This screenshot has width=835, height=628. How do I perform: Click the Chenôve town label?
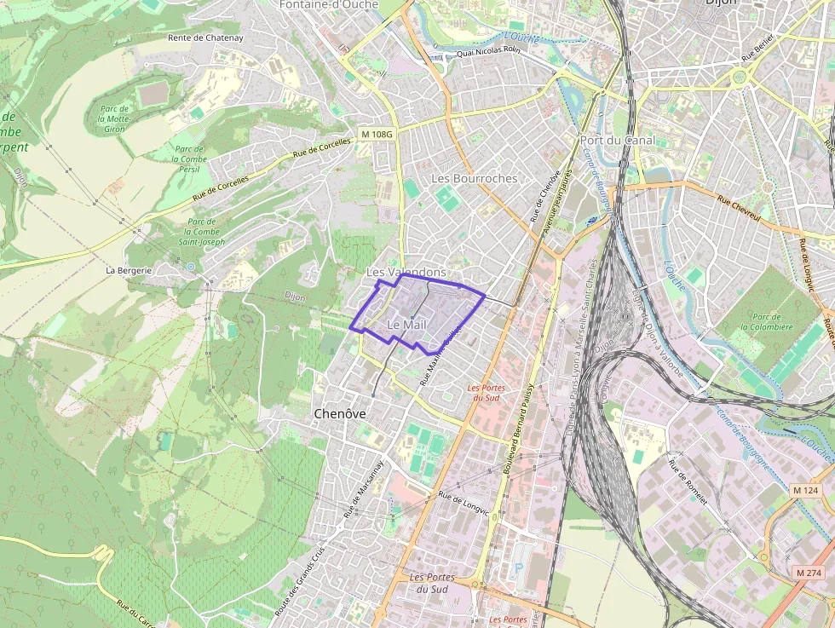(339, 413)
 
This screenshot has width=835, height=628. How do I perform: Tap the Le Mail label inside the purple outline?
(406, 326)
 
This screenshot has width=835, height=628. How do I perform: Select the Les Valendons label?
(406, 272)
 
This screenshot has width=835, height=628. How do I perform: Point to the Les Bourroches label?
(474, 178)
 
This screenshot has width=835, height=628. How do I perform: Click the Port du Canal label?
(617, 140)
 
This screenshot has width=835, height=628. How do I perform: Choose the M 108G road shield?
(377, 134)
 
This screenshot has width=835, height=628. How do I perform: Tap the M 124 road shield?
(805, 491)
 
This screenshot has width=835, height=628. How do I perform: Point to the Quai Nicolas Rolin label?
(488, 52)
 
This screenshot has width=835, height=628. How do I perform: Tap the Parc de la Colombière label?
(766, 320)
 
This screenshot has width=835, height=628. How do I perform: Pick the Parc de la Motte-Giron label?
(114, 118)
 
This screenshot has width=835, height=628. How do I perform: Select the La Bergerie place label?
(128, 270)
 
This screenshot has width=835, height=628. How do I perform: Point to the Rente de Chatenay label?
(205, 37)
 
